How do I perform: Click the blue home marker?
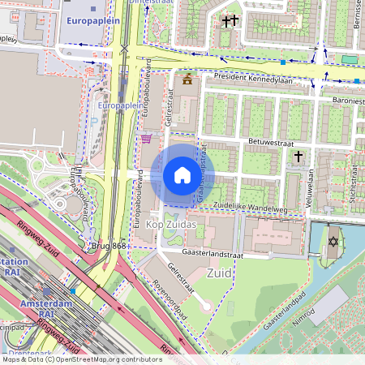182,175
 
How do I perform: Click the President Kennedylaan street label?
253,79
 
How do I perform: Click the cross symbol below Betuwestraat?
298,156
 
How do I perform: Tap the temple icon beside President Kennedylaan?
188,79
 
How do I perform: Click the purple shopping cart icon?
146,139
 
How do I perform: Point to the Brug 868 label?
109,246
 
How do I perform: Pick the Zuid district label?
219,273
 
